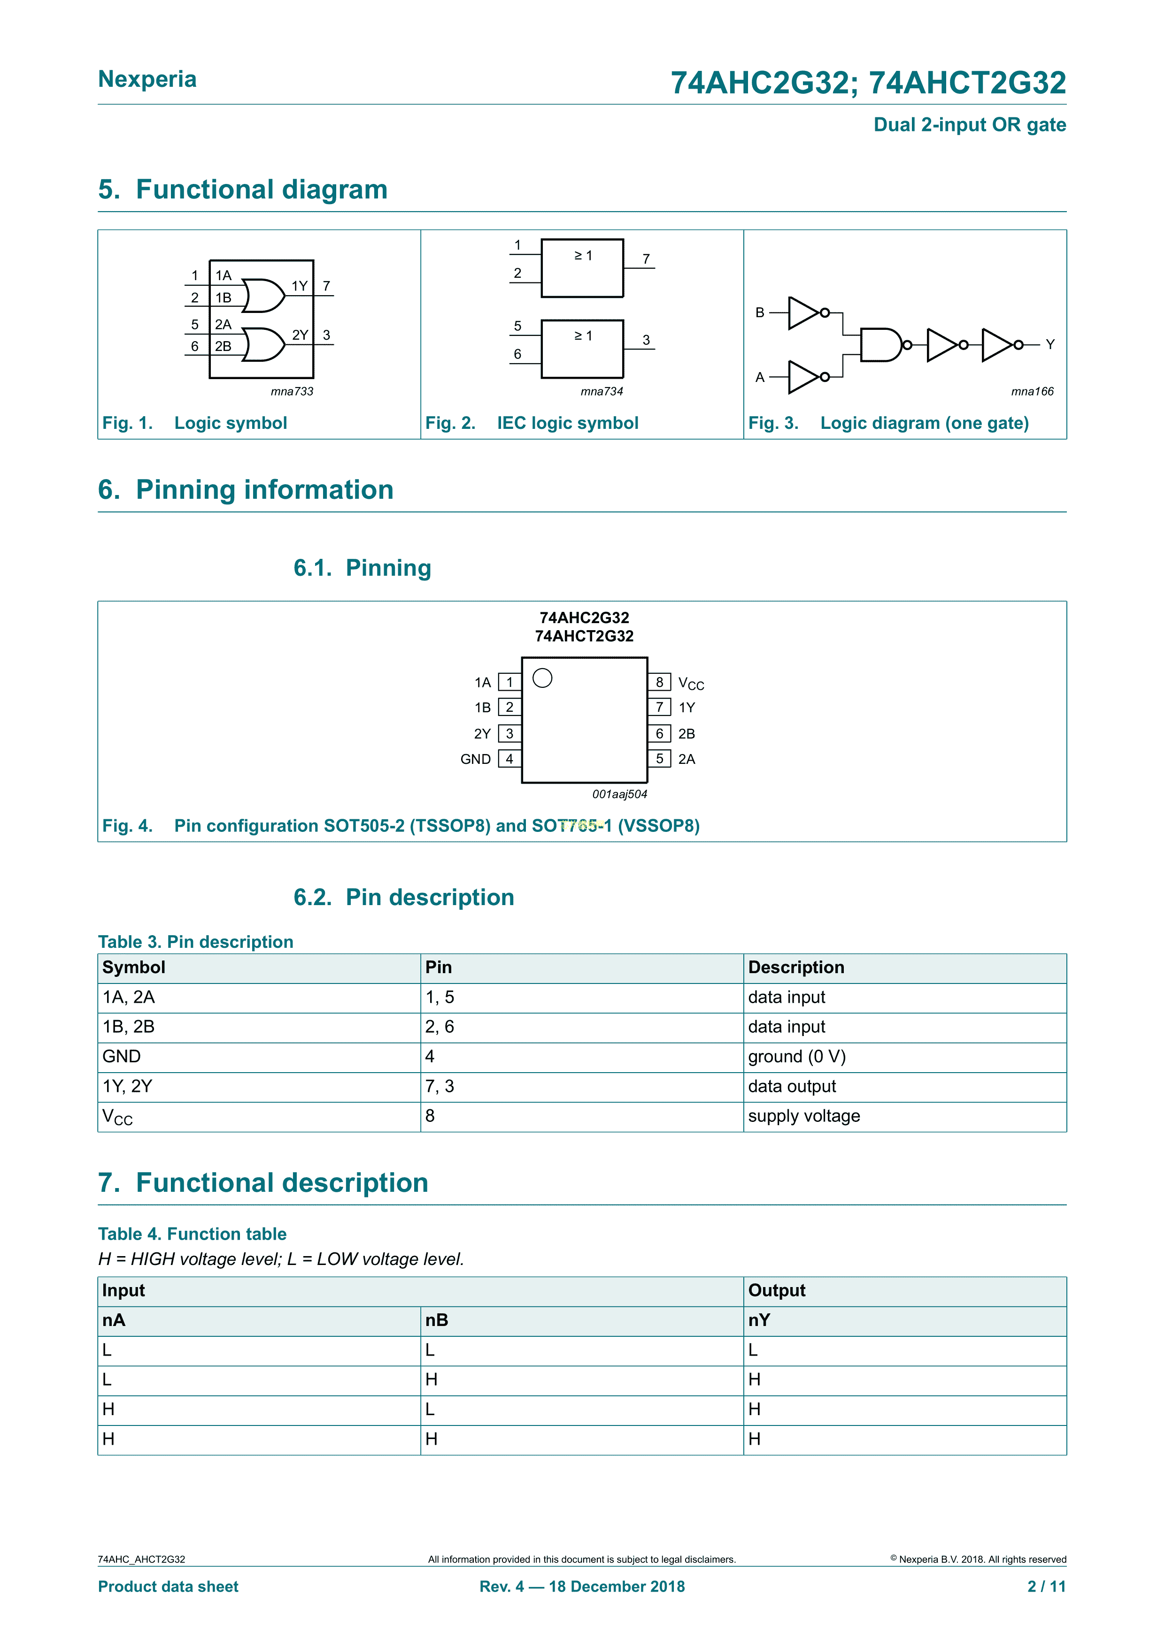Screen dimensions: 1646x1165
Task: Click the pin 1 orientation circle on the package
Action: [x=542, y=678]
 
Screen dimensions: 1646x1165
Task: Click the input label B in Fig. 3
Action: [x=760, y=312]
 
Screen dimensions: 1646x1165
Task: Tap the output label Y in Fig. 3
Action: [x=1049, y=345]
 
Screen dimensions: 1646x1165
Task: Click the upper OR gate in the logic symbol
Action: [x=262, y=295]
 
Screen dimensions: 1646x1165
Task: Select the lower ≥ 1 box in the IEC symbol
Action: [x=582, y=349]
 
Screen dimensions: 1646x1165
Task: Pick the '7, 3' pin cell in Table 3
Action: [x=440, y=1087]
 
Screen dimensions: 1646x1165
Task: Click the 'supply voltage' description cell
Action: [x=803, y=1116]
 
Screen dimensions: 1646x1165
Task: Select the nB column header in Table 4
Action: [x=437, y=1320]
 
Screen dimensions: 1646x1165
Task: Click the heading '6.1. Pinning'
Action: [x=362, y=568]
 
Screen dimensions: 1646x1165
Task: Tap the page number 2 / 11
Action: [x=1046, y=1586]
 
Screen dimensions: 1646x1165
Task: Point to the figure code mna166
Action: [x=1032, y=391]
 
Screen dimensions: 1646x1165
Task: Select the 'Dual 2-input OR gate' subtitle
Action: [x=969, y=125]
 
